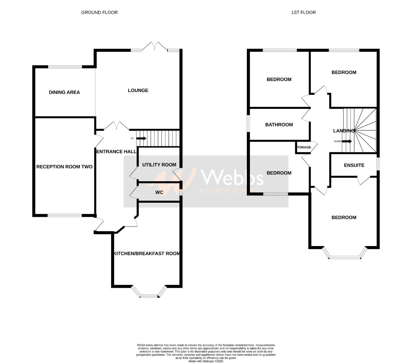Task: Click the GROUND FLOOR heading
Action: coord(99,12)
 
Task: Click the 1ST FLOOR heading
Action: coord(303,12)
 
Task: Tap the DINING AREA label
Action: coord(64,92)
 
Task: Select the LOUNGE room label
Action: coord(138,90)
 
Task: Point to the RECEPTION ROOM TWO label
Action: coord(64,167)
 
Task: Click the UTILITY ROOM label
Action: coord(159,165)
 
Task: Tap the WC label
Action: coord(159,192)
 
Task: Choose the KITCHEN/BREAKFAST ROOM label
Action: coord(147,253)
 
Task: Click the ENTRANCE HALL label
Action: coord(117,152)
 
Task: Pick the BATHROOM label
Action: coord(279,125)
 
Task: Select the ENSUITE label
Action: coord(354,165)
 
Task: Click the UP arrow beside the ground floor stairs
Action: coord(141,138)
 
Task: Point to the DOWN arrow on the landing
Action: coord(347,141)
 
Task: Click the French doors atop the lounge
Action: coord(155,47)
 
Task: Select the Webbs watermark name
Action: coord(232,177)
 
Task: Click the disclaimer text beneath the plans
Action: coord(206,353)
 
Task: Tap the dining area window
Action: coord(65,67)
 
